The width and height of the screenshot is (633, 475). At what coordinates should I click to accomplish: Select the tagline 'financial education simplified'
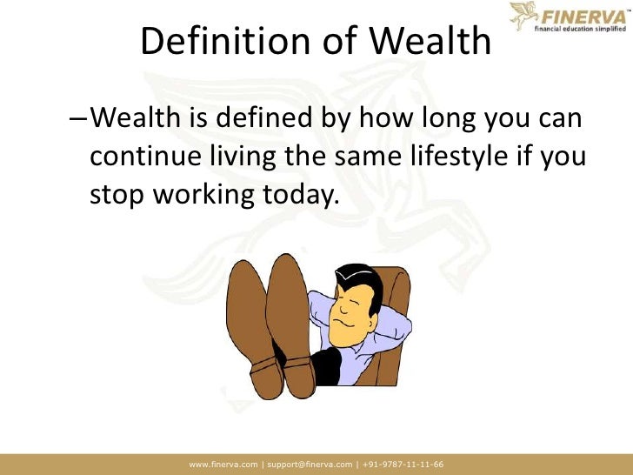pyautogui.click(x=582, y=29)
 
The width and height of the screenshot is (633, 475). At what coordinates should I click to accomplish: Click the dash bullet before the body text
pyautogui.click(x=77, y=117)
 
